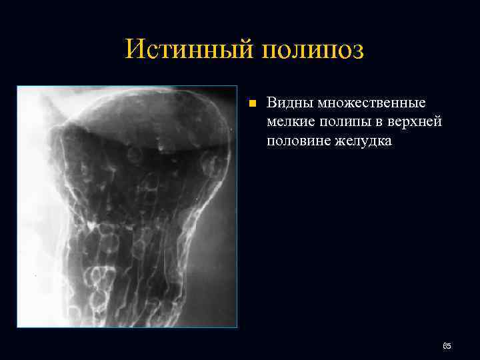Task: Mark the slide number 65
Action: [x=447, y=346]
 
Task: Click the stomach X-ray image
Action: [x=127, y=206]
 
